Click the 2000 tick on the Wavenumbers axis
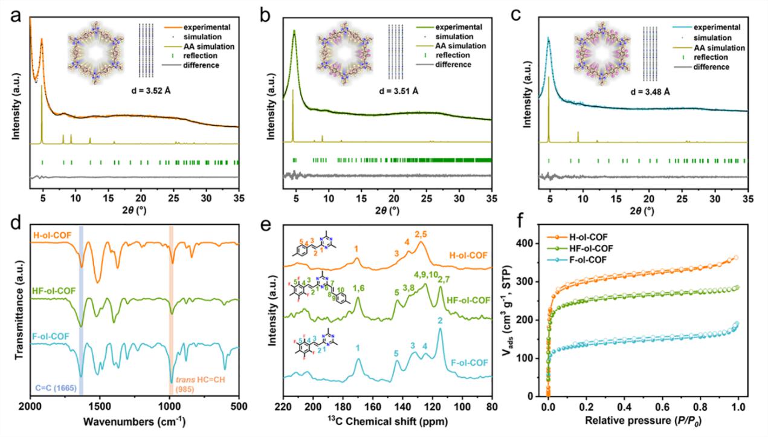pyautogui.click(x=30, y=406)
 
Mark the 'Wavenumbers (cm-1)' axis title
pyautogui.click(x=134, y=422)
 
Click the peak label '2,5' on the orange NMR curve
pyautogui.click(x=421, y=233)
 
